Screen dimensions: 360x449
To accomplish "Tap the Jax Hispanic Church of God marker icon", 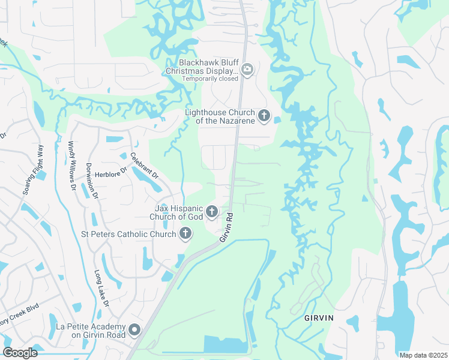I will [211, 211].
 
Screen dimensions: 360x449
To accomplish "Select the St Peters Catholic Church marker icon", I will [185, 233].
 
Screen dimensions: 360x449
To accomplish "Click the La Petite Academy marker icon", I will [134, 329].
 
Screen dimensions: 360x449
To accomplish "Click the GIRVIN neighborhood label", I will [318, 317].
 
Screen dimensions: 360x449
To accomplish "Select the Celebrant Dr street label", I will [144, 166].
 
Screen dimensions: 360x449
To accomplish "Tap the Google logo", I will [20, 352].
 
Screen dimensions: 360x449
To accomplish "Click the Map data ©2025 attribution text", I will [423, 355].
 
